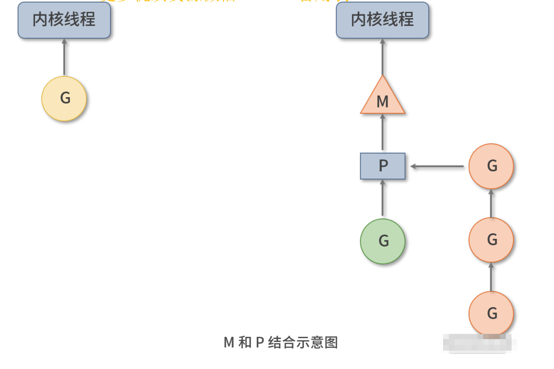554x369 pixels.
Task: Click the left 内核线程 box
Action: pyautogui.click(x=64, y=20)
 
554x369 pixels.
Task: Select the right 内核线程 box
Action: pyautogui.click(x=382, y=20)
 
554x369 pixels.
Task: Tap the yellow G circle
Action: pyautogui.click(x=64, y=98)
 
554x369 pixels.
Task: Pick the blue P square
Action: pyautogui.click(x=383, y=166)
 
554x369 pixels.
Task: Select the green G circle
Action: pyautogui.click(x=383, y=241)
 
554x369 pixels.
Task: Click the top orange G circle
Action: pyautogui.click(x=491, y=166)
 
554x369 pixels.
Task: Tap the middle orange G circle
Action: pyautogui.click(x=491, y=240)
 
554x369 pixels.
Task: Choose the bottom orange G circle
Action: pyautogui.click(x=491, y=313)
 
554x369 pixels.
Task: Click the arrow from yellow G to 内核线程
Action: pyautogui.click(x=64, y=57)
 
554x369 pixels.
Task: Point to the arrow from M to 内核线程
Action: pyautogui.click(x=383, y=57)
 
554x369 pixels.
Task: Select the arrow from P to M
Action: pyautogui.click(x=383, y=132)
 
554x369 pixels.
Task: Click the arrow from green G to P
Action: pyautogui.click(x=383, y=198)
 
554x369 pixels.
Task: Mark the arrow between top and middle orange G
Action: pyautogui.click(x=491, y=203)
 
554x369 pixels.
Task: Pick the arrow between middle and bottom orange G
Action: pyautogui.click(x=491, y=277)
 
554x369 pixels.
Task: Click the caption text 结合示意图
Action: pyautogui.click(x=303, y=343)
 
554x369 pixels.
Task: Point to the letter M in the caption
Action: pyautogui.click(x=229, y=343)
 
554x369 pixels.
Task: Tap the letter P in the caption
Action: pyautogui.click(x=260, y=343)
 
